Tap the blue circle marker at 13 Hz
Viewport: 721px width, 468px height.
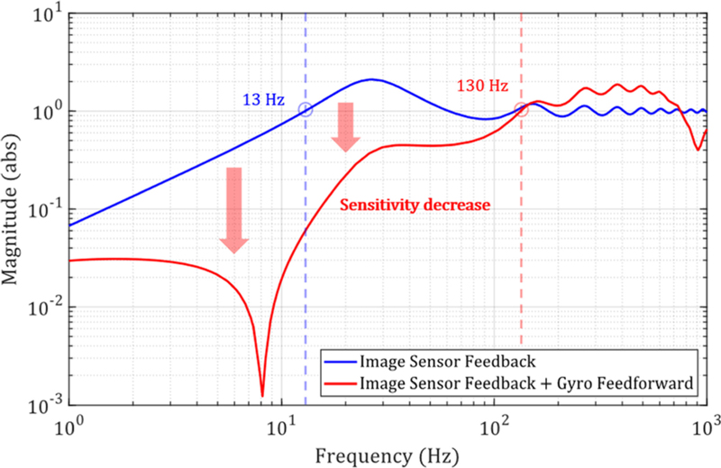tap(306, 110)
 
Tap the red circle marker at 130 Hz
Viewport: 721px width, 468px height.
tap(521, 110)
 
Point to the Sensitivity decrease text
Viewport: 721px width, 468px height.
tap(415, 206)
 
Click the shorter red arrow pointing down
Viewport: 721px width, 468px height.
tap(345, 126)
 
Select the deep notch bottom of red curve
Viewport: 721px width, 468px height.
tap(262, 394)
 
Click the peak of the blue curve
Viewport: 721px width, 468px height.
tap(371, 79)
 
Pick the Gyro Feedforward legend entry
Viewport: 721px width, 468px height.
tap(525, 384)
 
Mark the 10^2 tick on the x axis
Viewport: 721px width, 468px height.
tap(494, 423)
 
